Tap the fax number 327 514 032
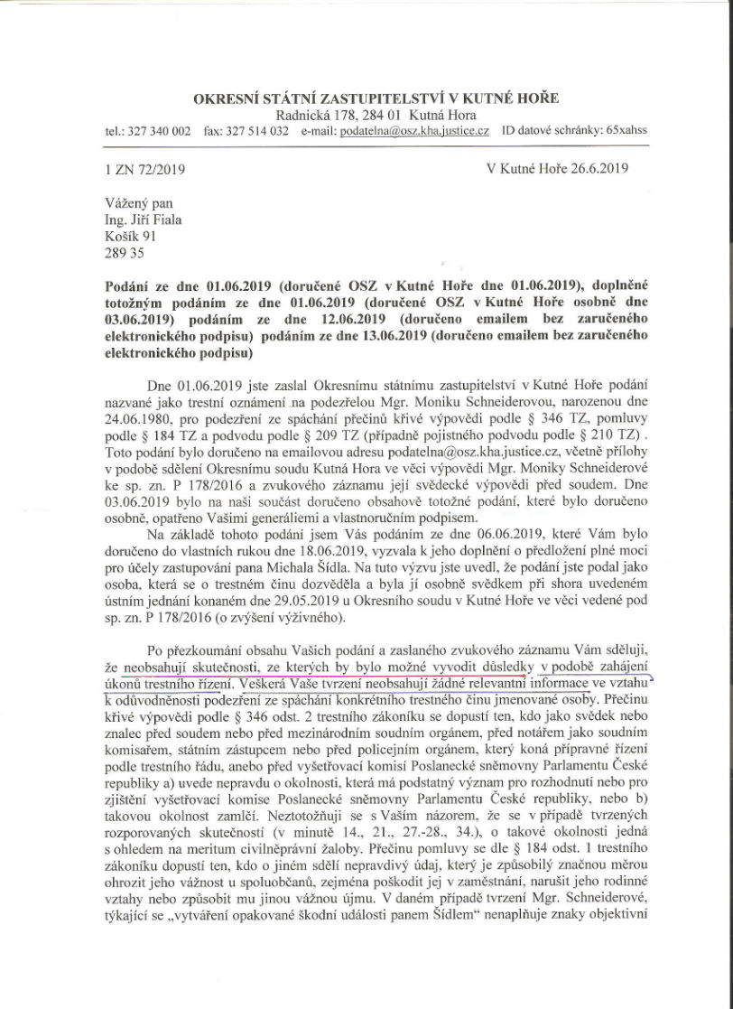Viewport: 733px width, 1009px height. pos(258,131)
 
